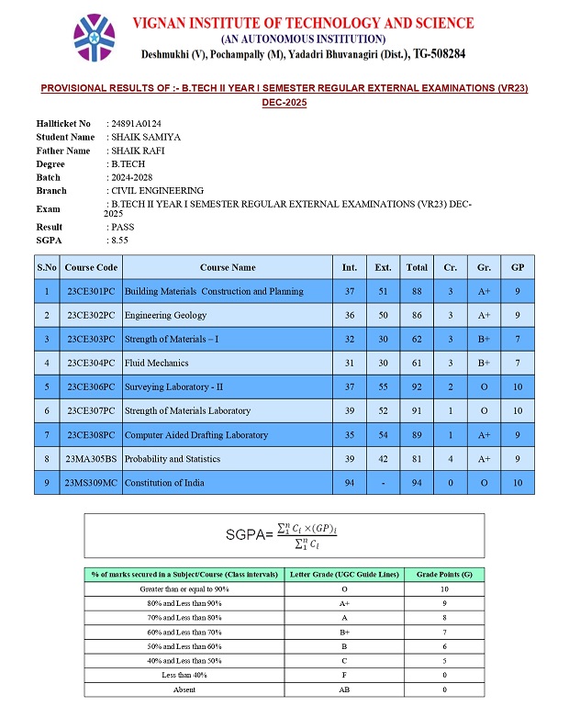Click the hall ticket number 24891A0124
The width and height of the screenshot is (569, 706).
click(x=136, y=123)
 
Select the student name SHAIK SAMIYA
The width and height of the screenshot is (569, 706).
click(x=144, y=137)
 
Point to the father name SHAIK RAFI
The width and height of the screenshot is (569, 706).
click(x=137, y=151)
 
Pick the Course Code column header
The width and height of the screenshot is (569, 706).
click(x=91, y=268)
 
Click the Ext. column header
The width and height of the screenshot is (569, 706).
click(x=383, y=268)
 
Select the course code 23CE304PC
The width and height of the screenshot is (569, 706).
click(x=91, y=363)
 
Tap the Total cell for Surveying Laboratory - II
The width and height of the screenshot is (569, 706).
click(x=417, y=387)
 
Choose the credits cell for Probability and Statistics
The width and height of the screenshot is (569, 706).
click(x=450, y=458)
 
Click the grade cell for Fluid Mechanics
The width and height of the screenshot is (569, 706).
click(x=484, y=363)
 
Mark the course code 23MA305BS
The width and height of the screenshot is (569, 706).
click(x=91, y=458)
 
